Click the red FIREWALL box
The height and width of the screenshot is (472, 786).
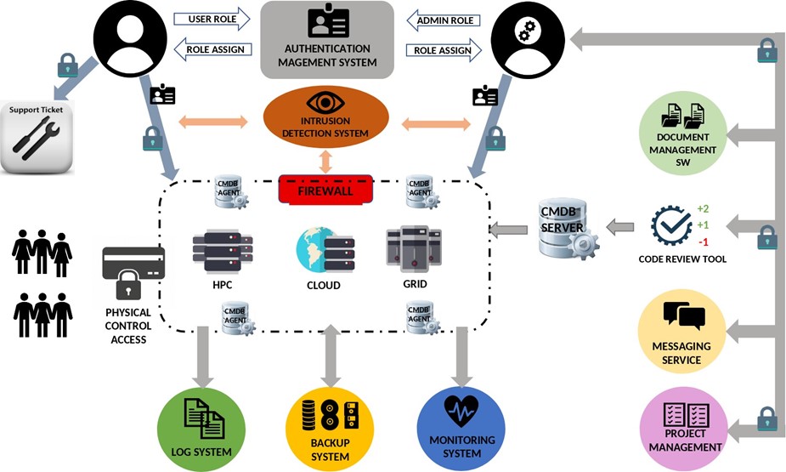pyautogui.click(x=325, y=189)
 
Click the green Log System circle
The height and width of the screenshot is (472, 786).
pyautogui.click(x=201, y=426)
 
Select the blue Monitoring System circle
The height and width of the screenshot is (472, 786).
pyautogui.click(x=461, y=426)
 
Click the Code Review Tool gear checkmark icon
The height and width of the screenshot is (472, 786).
pyautogui.click(x=671, y=226)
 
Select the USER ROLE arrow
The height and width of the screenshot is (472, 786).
pyautogui.click(x=211, y=18)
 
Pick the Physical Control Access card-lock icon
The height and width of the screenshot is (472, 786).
pyautogui.click(x=133, y=273)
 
